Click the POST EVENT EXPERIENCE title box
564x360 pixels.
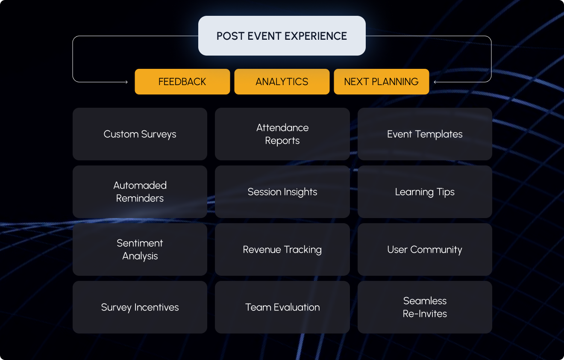pos(282,36)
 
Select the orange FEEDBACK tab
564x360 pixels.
pos(182,82)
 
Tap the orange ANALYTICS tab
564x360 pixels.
pos(282,82)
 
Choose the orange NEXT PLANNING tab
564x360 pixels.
pos(381,82)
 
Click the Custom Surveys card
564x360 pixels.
pos(140,134)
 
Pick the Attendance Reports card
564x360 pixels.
pos(282,134)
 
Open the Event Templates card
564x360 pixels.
pos(425,134)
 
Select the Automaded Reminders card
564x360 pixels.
pos(140,192)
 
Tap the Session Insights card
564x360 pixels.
pos(282,192)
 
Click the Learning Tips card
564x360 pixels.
pos(425,192)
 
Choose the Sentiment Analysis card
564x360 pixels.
pos(140,250)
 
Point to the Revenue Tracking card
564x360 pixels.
pos(282,250)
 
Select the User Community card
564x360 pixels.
pos(425,250)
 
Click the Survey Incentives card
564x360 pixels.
pos(140,307)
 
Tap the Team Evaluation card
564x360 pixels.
pos(282,307)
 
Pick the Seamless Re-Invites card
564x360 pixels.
pos(425,307)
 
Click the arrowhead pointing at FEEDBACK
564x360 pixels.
pos(126,82)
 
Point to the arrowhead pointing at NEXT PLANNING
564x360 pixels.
pos(435,82)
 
